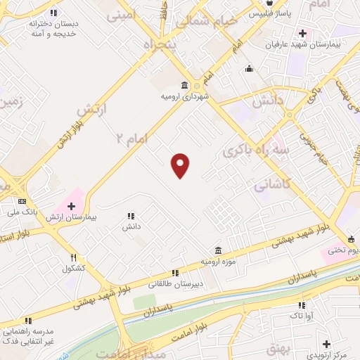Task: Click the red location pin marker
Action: pos(181,166)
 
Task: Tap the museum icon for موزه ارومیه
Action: pos(219,251)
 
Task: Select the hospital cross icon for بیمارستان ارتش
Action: pos(71,206)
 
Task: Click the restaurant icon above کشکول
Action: pos(73,258)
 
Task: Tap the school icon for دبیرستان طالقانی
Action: pos(175,273)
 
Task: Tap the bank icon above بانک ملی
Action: pos(22,200)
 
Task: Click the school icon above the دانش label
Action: pos(131,216)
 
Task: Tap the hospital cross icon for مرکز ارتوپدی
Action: pos(326,344)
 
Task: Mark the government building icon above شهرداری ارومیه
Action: pos(186,85)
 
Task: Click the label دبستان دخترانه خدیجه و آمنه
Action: pos(53,28)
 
